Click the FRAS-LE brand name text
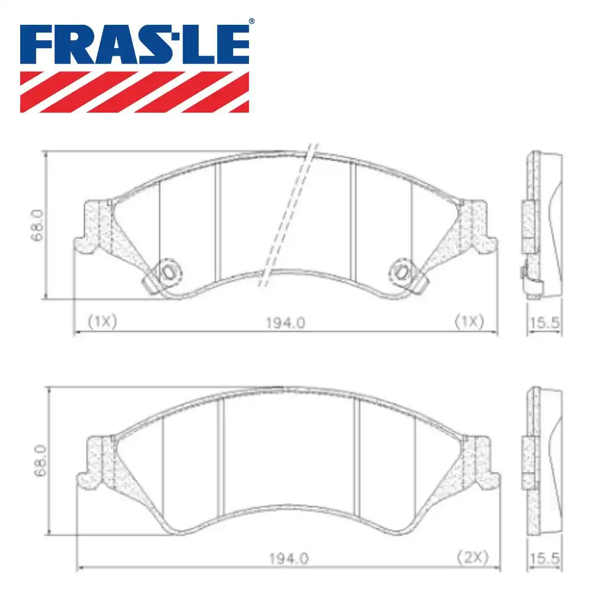pyautogui.click(x=135, y=44)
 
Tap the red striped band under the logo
pyautogui.click(x=135, y=92)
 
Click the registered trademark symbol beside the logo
pyautogui.click(x=251, y=21)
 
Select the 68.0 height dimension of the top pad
pyautogui.click(x=37, y=225)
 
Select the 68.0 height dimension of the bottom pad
pyautogui.click(x=40, y=460)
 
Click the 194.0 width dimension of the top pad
pyautogui.click(x=286, y=323)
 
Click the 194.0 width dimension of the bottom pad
pyautogui.click(x=289, y=558)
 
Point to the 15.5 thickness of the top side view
pyautogui.click(x=544, y=323)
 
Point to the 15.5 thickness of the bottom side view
pyautogui.click(x=544, y=559)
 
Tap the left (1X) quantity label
pyautogui.click(x=103, y=321)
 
